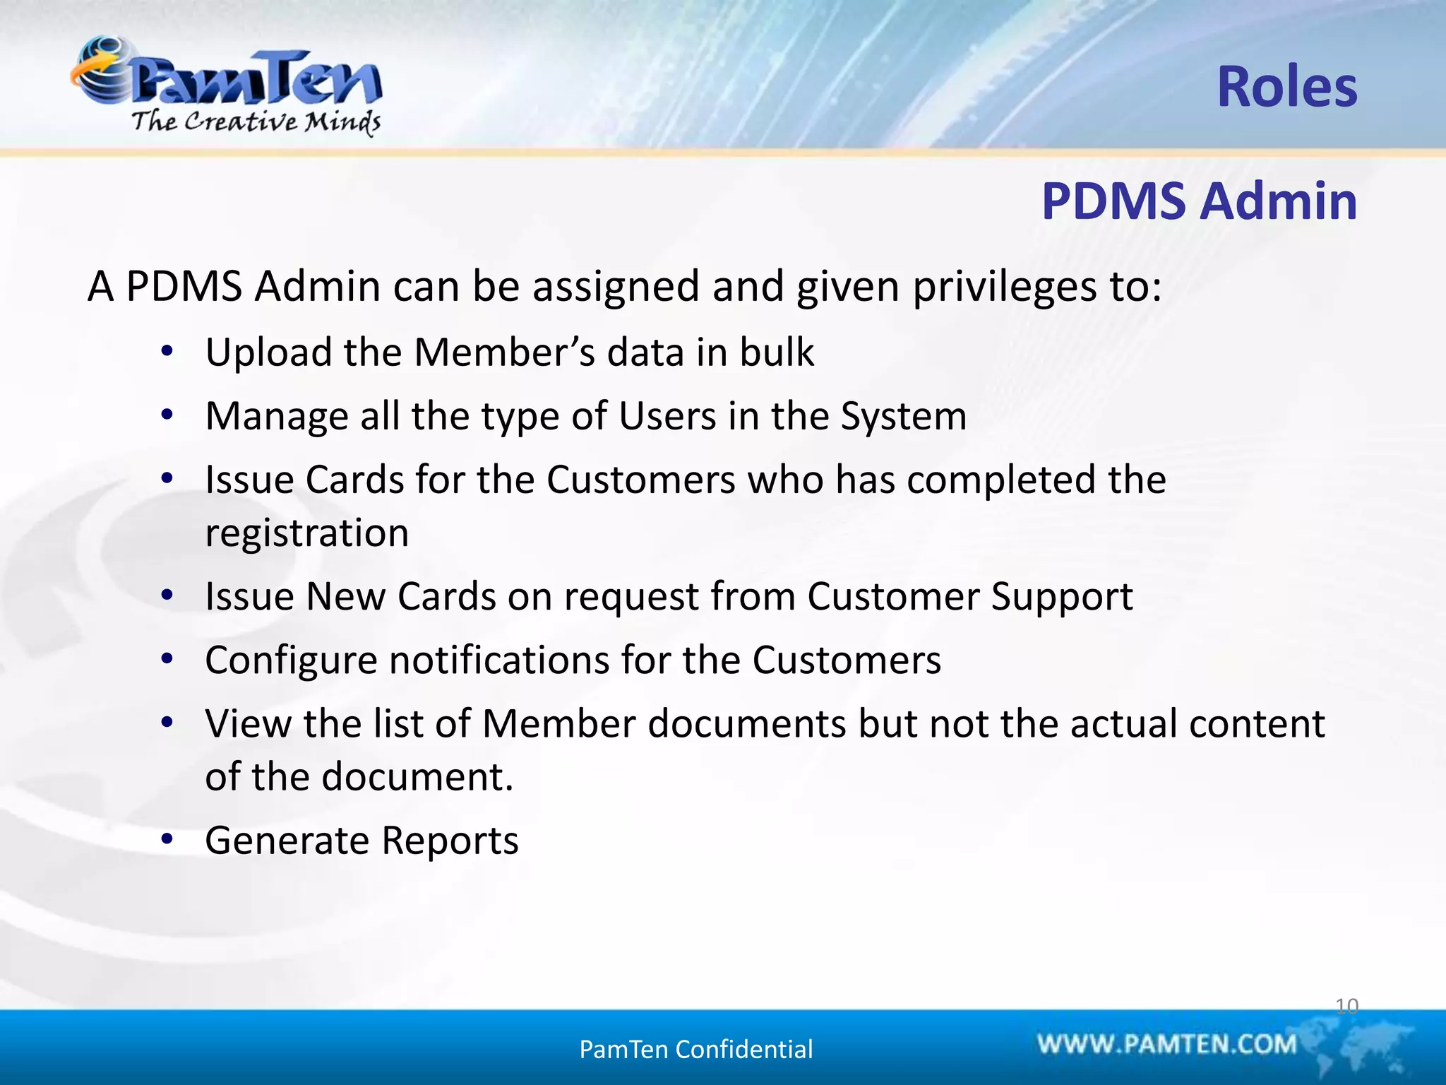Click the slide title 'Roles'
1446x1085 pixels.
[1286, 87]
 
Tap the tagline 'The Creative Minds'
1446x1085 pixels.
[256, 121]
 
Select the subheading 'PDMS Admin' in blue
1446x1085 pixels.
[1199, 201]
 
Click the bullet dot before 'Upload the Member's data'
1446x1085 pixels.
[167, 351]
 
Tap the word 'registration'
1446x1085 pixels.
[307, 533]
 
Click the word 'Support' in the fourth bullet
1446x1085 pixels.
[1062, 597]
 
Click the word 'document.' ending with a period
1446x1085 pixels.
[417, 777]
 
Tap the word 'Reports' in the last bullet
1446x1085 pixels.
[450, 841]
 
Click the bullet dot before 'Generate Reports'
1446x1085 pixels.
[167, 839]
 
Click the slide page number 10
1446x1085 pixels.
[1346, 1006]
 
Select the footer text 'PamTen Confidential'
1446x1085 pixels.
[695, 1050]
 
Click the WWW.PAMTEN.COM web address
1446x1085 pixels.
[1166, 1044]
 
